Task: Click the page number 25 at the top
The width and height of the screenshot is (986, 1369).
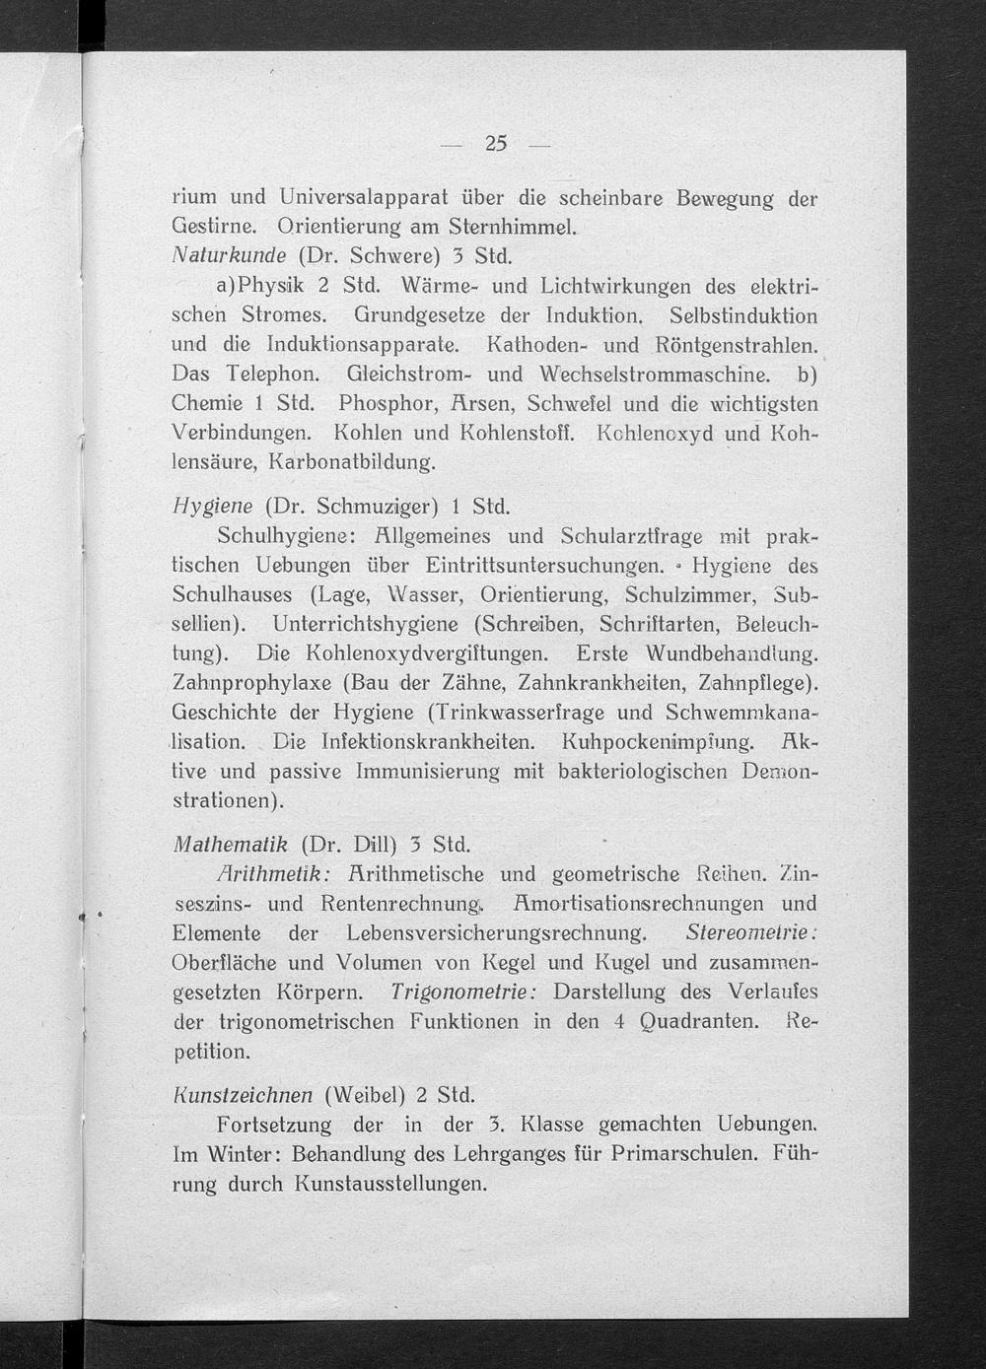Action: [x=495, y=144]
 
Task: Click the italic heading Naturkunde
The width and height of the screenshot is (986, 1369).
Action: [x=228, y=257]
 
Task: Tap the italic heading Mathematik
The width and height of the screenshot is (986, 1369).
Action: [x=229, y=844]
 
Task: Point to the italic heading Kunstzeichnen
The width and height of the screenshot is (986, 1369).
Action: [x=242, y=1095]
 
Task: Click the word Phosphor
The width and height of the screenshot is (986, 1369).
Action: [x=382, y=403]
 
